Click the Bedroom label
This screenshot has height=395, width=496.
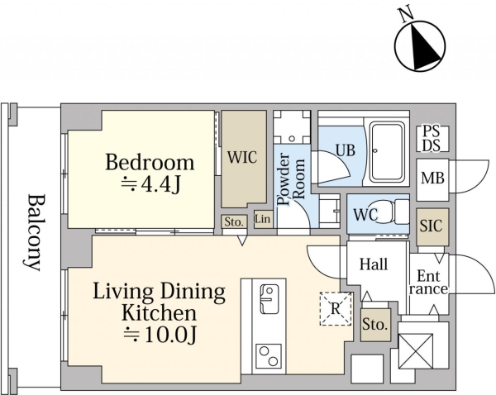pyautogui.click(x=150, y=163)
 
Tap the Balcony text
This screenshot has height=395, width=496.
pyautogui.click(x=33, y=232)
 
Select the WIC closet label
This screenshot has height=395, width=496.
pyautogui.click(x=242, y=157)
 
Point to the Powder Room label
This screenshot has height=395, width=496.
pyautogui.click(x=292, y=179)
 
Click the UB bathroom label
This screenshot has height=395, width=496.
pyautogui.click(x=346, y=150)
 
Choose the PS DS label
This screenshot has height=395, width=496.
pyautogui.click(x=432, y=139)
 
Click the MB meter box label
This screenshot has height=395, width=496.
pyautogui.click(x=432, y=178)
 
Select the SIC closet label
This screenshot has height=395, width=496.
pyautogui.click(x=432, y=226)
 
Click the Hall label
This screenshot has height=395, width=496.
pyautogui.click(x=374, y=264)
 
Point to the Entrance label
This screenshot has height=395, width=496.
pyautogui.click(x=428, y=283)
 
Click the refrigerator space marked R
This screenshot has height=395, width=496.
pyautogui.click(x=336, y=309)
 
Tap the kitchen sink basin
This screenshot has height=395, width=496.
pyautogui.click(x=269, y=298)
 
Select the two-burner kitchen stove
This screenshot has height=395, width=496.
pyautogui.click(x=269, y=356)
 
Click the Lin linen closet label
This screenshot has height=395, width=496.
pyautogui.click(x=263, y=219)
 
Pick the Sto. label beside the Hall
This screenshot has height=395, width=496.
pyautogui.click(x=374, y=325)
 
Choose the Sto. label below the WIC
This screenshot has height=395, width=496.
pyautogui.click(x=234, y=222)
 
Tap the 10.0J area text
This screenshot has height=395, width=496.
pyautogui.click(x=160, y=335)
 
